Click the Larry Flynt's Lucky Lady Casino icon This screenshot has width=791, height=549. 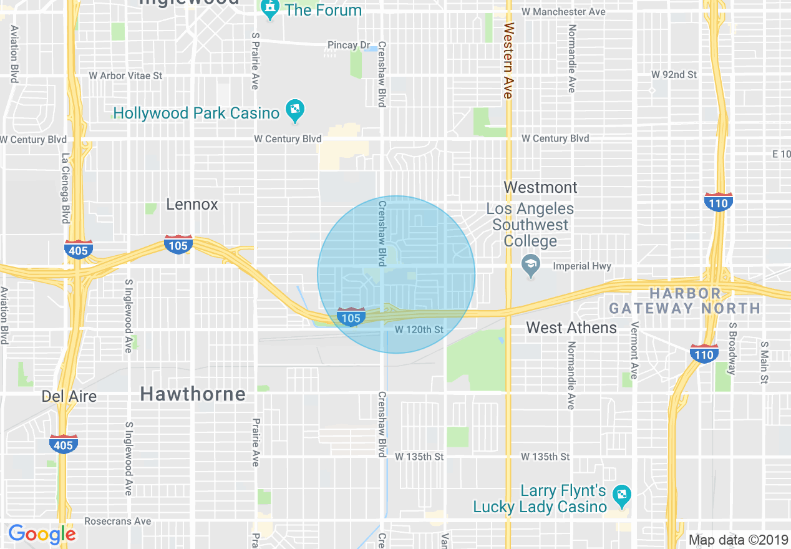pyautogui.click(x=621, y=496)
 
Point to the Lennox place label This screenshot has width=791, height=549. pyautogui.click(x=192, y=204)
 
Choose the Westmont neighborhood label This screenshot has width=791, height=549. pyautogui.click(x=540, y=187)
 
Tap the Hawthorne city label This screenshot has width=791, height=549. pyautogui.click(x=193, y=394)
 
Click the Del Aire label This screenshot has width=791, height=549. pyautogui.click(x=69, y=396)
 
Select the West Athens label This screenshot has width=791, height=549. pyautogui.click(x=571, y=328)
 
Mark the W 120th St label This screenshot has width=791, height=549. pyautogui.click(x=419, y=329)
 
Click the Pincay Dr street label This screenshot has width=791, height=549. pyautogui.click(x=349, y=45)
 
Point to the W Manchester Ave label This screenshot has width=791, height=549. pyautogui.click(x=563, y=12)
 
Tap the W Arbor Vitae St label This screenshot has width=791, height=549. pyautogui.click(x=125, y=75)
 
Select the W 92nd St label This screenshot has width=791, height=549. pyautogui.click(x=674, y=74)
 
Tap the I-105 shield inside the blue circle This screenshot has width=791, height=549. pyautogui.click(x=351, y=317)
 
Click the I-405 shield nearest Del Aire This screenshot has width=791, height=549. pyautogui.click(x=63, y=444)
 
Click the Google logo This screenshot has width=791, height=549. pyautogui.click(x=42, y=534)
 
